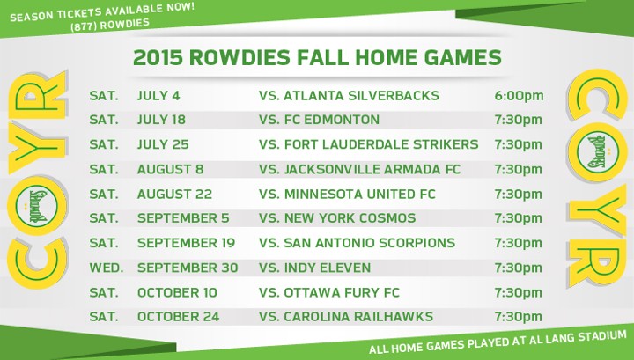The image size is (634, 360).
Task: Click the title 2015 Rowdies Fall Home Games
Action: (317, 58)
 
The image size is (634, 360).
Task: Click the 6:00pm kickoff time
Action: (519, 95)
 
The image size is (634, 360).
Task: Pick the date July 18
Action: (162, 120)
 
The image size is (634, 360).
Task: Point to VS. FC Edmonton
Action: (320, 120)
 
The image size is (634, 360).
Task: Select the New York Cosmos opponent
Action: (350, 218)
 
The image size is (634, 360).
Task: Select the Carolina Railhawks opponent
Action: (358, 317)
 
